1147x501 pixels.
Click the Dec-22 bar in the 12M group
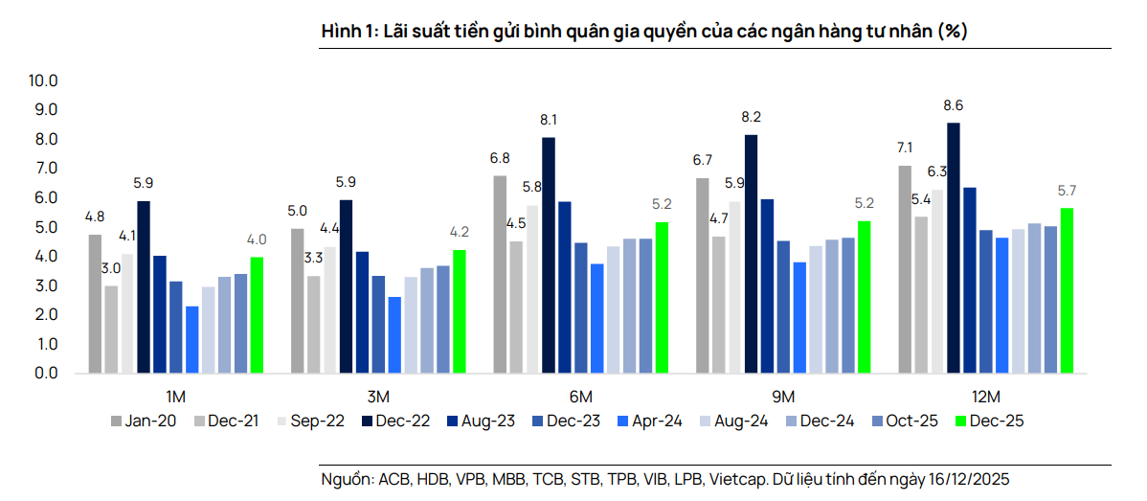point(953,248)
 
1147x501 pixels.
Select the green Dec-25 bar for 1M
point(256,315)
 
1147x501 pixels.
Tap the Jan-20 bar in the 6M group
point(500,274)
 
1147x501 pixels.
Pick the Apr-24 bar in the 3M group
point(394,335)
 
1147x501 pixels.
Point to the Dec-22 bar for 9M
point(751,254)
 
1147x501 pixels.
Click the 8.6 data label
point(953,105)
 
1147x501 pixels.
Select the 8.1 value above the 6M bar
point(549,121)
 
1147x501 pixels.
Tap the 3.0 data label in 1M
point(111,268)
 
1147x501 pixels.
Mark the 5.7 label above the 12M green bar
point(1067,191)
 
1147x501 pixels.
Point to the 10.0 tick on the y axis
point(45,80)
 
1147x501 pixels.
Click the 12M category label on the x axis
point(985,397)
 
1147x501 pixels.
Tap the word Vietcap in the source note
point(734,479)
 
